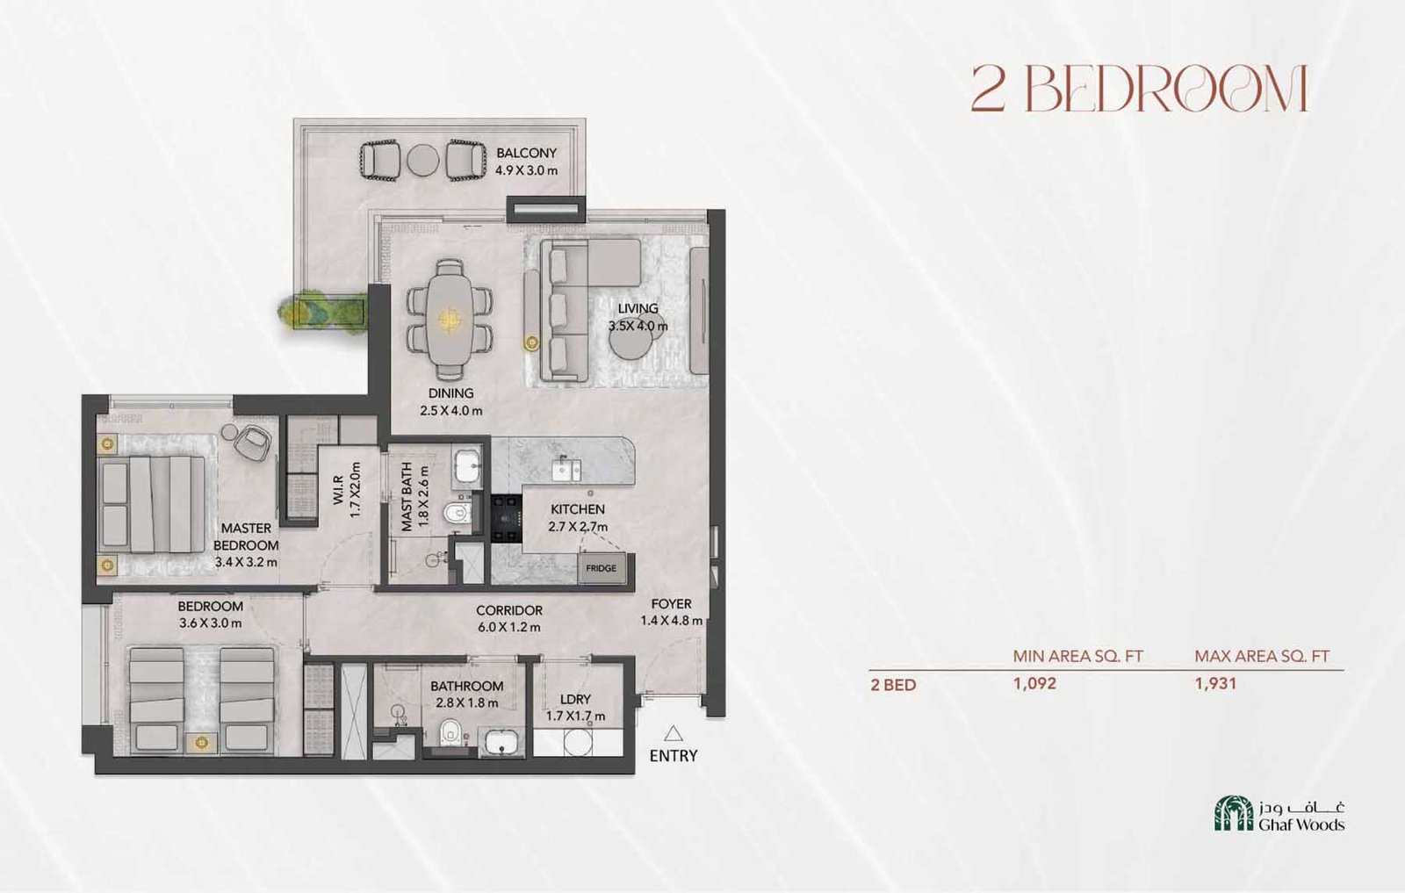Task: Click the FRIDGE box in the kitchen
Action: pos(602,568)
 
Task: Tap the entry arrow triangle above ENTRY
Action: pos(674,733)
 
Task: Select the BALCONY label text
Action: pos(526,153)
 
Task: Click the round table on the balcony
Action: pos(422,161)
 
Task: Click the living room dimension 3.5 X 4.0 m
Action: pos(638,326)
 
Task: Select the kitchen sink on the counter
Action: pos(566,469)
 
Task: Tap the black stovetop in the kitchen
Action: pos(506,519)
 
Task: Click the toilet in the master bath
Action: pos(457,512)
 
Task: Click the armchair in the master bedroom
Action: pos(254,442)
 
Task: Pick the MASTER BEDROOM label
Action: pos(246,537)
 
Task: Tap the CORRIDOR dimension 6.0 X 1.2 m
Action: pos(509,627)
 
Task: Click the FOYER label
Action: pos(671,604)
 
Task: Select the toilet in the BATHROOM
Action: pos(450,731)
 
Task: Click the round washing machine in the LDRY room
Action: pos(578,743)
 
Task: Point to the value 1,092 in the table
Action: pos(1034,683)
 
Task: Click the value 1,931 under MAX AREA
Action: pos(1215,683)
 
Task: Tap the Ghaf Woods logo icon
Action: pos(1233,814)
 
